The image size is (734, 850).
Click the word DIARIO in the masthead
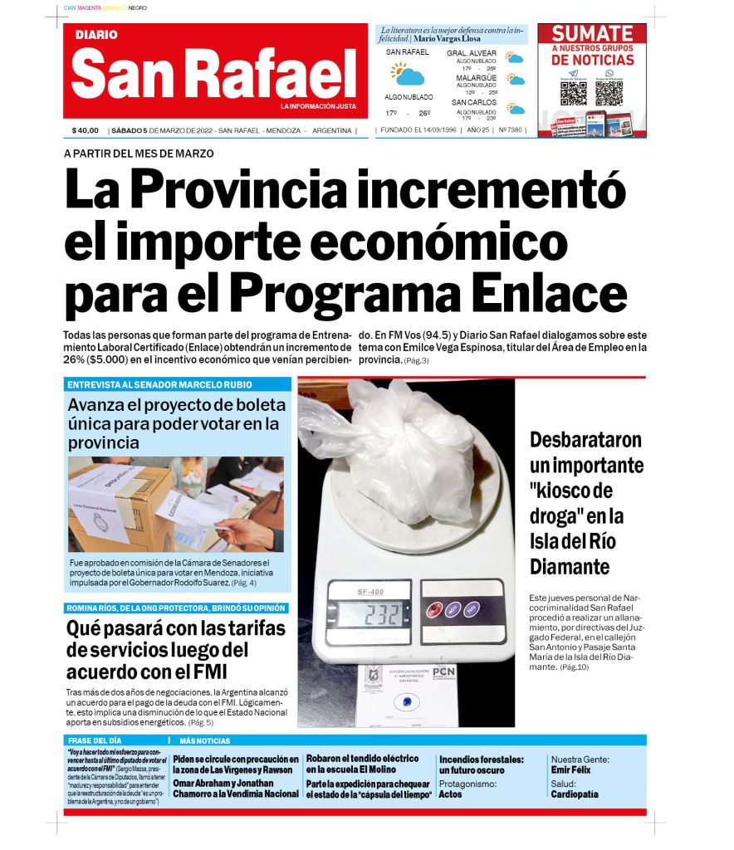96,35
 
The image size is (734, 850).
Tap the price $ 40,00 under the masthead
85,130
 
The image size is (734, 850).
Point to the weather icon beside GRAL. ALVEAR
516,58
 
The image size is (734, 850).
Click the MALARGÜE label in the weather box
476,78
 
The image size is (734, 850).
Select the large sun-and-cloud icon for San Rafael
407,75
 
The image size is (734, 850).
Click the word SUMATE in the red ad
592,34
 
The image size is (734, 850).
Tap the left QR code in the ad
574,92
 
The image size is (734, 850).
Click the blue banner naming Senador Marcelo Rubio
177,384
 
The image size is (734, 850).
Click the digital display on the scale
369,613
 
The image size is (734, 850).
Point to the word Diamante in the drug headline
570,567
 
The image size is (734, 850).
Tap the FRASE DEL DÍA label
95,740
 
